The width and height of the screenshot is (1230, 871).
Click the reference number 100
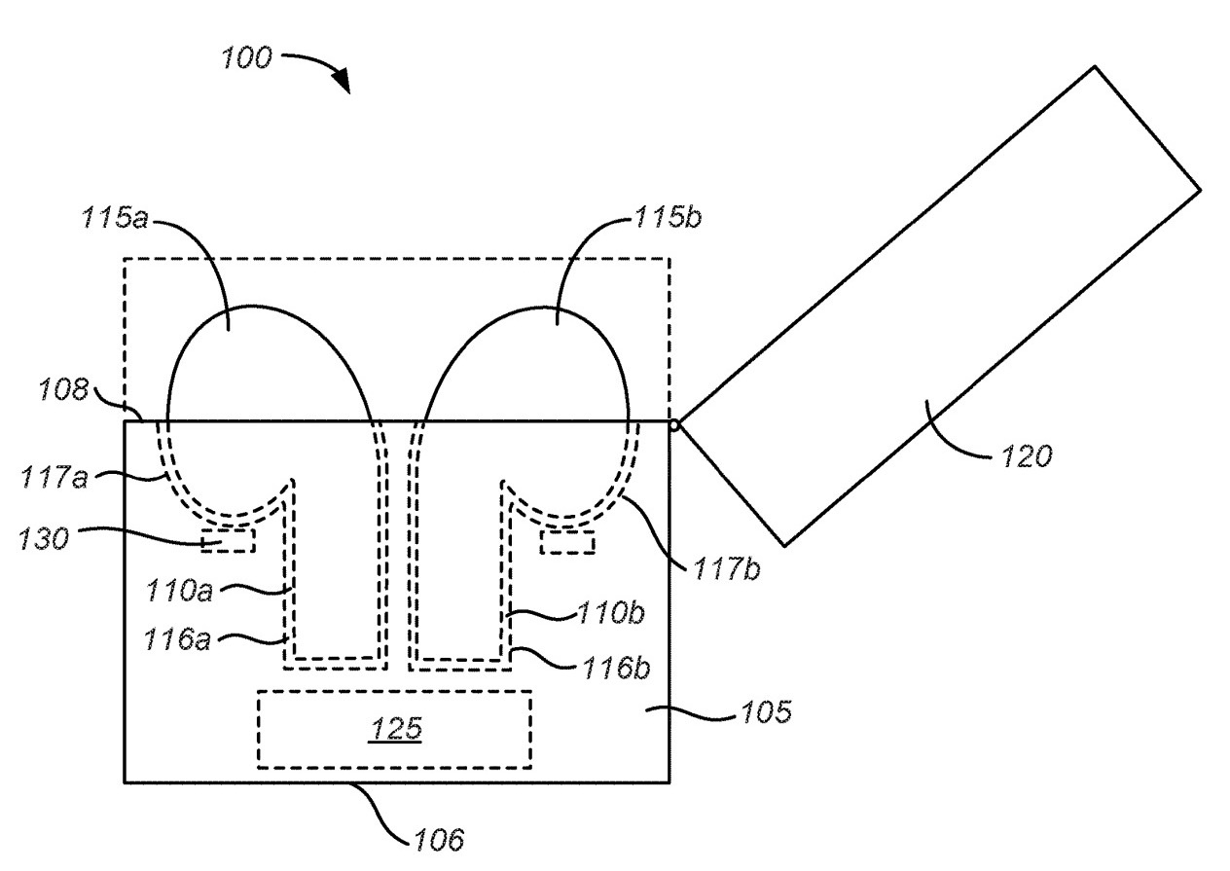pos(246,57)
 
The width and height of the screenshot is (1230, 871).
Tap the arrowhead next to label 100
pos(342,81)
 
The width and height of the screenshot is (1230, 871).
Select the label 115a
pos(115,217)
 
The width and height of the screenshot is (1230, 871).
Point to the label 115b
pos(669,217)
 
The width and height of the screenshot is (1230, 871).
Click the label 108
pos(63,389)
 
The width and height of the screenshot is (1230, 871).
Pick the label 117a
pos(54,477)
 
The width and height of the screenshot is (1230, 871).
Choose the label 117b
pos(727,569)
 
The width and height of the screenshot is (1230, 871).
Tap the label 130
pos(44,539)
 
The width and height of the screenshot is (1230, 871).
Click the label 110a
pos(179,592)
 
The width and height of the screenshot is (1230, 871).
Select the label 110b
pos(610,612)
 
